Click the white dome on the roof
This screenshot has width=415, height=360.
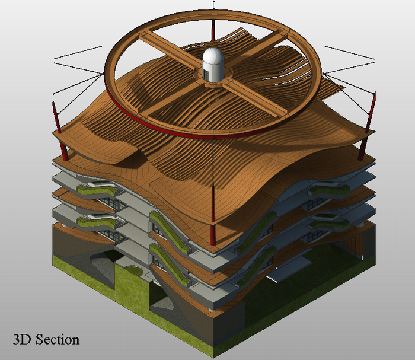213,64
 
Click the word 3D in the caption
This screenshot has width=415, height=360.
21,340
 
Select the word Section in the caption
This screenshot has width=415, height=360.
57,340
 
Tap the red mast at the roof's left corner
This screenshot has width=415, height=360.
60,131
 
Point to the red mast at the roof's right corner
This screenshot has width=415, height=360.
368,126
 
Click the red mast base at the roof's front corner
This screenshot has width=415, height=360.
213,234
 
